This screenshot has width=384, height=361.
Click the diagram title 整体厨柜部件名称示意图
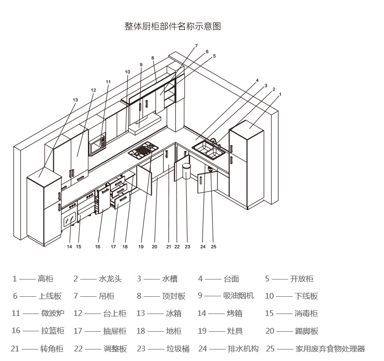(x=173, y=26)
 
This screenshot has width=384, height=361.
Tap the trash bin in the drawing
(x=186, y=171)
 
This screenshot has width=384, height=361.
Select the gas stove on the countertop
(x=144, y=150)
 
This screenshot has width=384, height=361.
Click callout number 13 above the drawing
(x=75, y=100)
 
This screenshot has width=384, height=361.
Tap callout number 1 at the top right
(x=280, y=94)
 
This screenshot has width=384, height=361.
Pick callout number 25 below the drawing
(x=214, y=247)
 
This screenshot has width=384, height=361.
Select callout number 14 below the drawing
(x=70, y=247)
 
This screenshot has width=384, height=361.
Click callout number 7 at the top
(x=196, y=46)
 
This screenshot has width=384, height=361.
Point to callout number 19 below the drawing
(x=141, y=247)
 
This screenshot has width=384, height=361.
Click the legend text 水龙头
(x=110, y=279)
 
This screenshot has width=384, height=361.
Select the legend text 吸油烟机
(x=239, y=296)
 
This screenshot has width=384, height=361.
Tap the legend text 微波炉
(x=53, y=314)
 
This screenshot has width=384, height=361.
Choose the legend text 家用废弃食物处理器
(x=330, y=349)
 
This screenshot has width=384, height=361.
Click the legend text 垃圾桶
(x=178, y=349)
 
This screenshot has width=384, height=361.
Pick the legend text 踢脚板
(x=306, y=331)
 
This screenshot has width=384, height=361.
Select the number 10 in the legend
(x=269, y=296)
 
